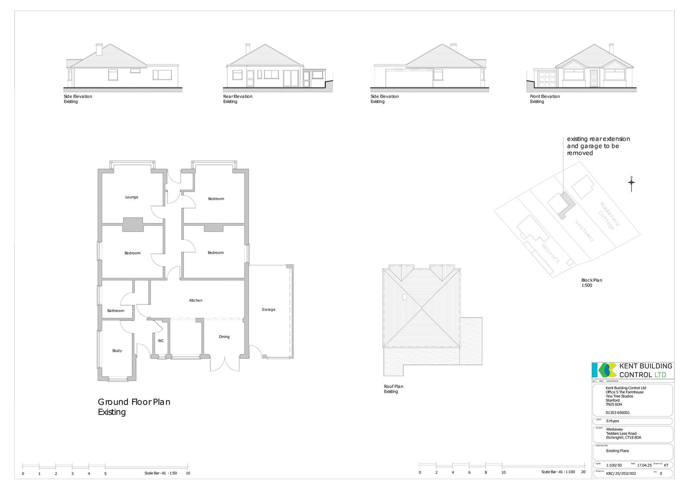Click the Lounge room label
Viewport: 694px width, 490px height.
click(x=131, y=197)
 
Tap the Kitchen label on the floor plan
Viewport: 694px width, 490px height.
click(x=196, y=301)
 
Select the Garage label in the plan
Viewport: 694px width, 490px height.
click(x=268, y=310)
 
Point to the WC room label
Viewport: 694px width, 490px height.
click(x=161, y=341)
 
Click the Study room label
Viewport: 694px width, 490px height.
click(x=117, y=351)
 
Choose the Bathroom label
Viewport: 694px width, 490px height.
click(x=116, y=311)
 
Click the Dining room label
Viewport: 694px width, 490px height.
click(x=224, y=337)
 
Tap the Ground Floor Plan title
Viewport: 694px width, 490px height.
click(x=134, y=402)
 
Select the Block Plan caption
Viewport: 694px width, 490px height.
click(x=592, y=280)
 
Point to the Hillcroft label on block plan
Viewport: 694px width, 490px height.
click(x=551, y=254)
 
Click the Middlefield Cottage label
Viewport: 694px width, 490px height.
click(x=609, y=216)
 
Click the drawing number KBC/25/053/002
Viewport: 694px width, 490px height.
click(x=621, y=474)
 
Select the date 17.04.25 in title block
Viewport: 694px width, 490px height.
click(x=645, y=465)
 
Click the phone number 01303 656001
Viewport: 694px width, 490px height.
click(x=618, y=413)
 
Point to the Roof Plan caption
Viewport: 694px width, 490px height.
click(x=393, y=386)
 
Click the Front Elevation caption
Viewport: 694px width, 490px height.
click(x=545, y=96)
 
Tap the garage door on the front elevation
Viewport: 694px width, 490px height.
click(x=547, y=80)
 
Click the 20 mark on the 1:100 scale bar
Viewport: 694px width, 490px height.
click(x=583, y=472)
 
